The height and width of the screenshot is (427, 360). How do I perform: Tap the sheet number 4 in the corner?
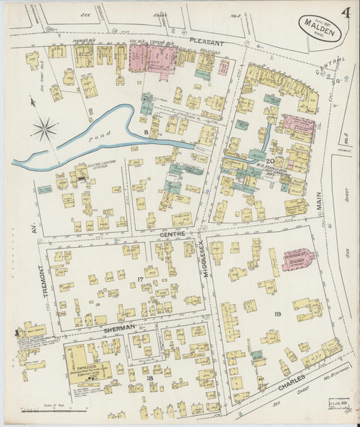(345, 14)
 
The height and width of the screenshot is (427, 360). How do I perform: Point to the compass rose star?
(45, 129)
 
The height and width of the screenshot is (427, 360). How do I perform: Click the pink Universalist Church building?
(297, 259)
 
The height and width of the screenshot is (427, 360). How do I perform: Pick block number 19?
(278, 314)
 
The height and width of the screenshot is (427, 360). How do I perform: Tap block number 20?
(270, 161)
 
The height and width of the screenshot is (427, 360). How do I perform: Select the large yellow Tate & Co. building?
(86, 365)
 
